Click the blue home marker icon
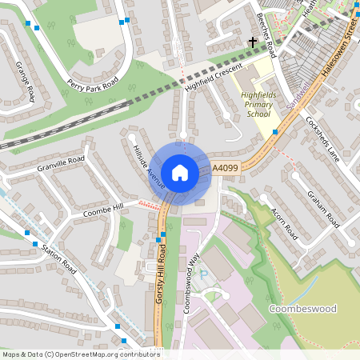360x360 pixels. [x=180, y=172]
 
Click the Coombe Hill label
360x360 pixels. [x=104, y=211]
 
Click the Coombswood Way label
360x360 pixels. [x=192, y=275]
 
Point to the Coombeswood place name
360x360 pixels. [x=303, y=308]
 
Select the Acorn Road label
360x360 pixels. [x=285, y=221]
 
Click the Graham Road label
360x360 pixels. [x=325, y=209]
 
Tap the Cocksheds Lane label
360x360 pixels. [x=322, y=140]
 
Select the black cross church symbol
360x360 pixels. [x=253, y=41]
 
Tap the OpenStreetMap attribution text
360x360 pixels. [x=80, y=354]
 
